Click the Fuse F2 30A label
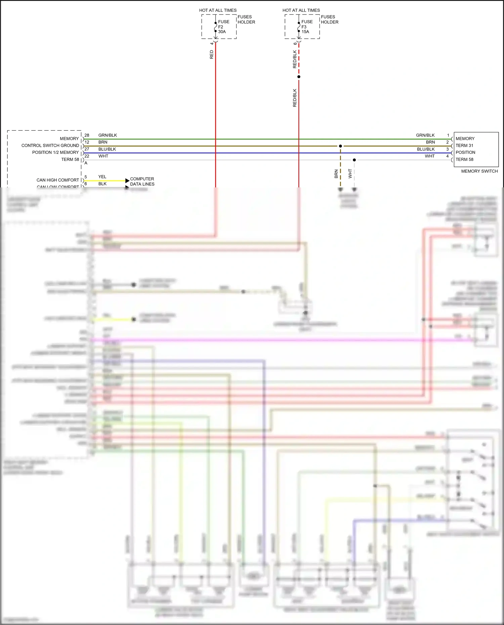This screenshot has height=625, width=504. point(223,27)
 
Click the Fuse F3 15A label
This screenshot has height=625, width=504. point(306,27)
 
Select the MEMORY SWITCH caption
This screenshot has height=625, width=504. point(479,171)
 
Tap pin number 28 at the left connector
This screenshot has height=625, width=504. point(87,135)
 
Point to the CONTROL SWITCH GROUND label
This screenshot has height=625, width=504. point(50,145)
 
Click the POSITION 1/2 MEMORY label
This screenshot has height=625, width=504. point(55,152)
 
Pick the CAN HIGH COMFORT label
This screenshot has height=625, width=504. point(58,180)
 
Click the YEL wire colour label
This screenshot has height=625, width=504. point(102,177)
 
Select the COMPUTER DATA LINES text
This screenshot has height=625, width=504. point(142,181)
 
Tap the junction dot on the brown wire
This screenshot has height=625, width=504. point(340,146)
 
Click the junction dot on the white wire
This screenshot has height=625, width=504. point(354,160)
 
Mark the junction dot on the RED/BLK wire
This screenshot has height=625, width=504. point(299,77)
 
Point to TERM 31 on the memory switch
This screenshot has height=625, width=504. point(464,145)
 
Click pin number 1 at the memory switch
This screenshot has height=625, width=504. point(448,135)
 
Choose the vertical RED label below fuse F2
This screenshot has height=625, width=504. point(211,54)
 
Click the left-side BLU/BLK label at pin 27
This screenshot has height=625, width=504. point(107,149)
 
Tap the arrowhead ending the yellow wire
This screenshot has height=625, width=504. point(127,181)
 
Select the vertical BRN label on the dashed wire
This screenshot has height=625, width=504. point(336,174)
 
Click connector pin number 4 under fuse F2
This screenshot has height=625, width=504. point(212,43)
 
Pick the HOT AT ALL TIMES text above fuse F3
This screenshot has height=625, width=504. point(301,10)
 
